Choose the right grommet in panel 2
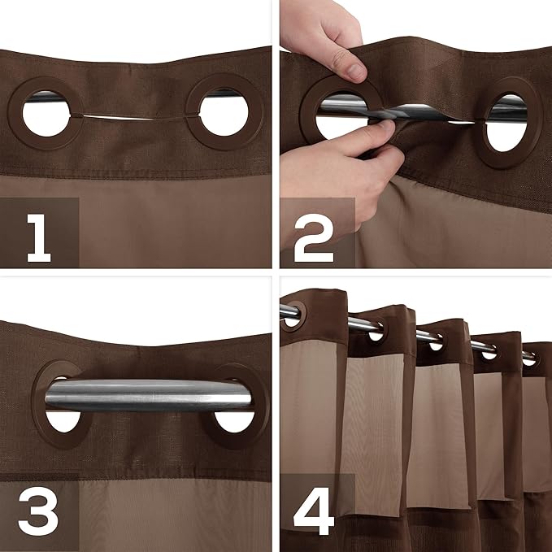tap(512, 122)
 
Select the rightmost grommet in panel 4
tap(529, 357)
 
